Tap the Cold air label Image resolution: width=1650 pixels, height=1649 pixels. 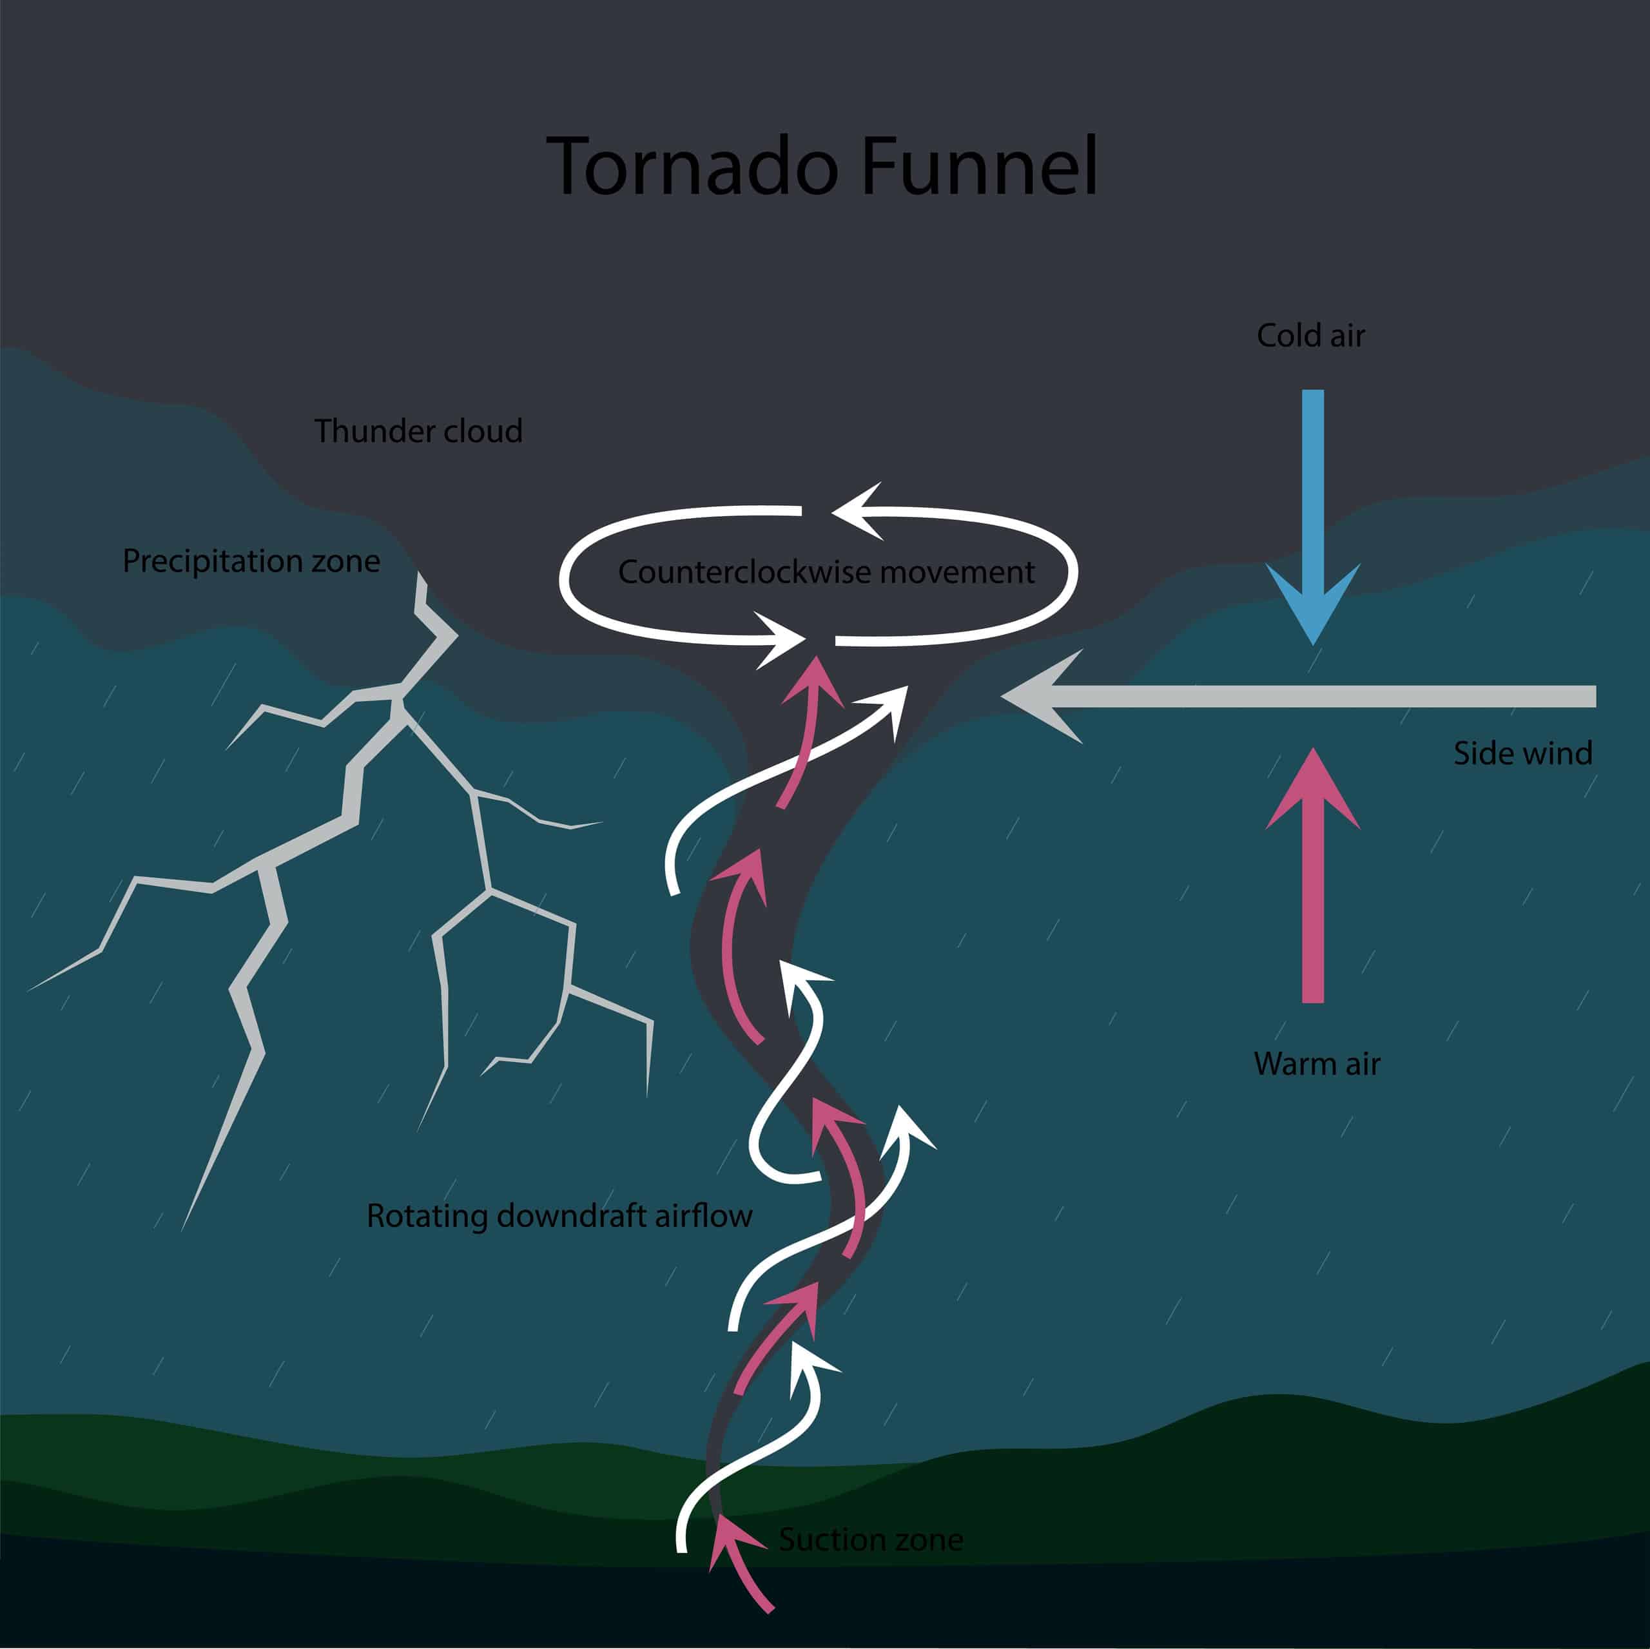(1310, 336)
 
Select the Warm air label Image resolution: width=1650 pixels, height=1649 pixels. (1316, 1064)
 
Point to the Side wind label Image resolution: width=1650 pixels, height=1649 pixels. (1523, 753)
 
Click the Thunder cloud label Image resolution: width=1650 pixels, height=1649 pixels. (418, 431)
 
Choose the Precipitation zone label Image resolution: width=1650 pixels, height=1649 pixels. (251, 561)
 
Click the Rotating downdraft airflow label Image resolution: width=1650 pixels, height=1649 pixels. (559, 1216)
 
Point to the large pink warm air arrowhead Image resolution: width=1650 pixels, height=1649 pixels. (1313, 790)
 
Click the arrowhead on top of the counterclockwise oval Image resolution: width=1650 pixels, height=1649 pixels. (859, 510)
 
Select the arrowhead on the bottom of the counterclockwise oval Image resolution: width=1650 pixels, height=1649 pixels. (781, 639)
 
